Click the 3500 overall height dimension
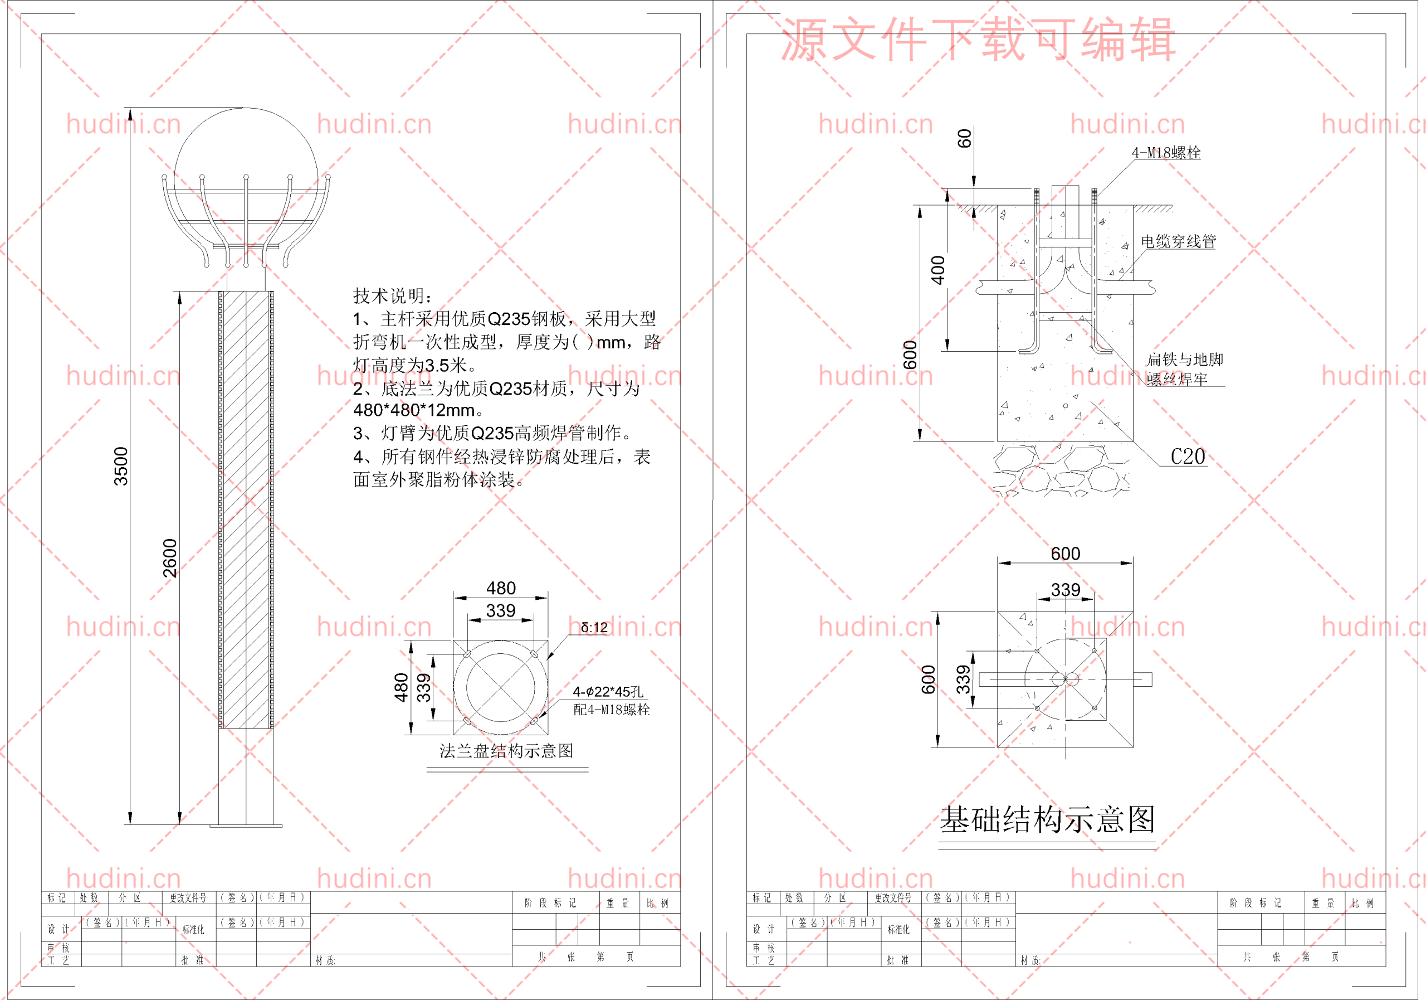tap(120, 466)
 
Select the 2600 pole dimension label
tap(169, 557)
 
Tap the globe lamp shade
tap(246, 149)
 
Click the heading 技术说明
tap(393, 296)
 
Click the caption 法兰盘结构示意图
tap(506, 751)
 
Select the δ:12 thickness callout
tap(594, 628)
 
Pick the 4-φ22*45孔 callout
tap(607, 692)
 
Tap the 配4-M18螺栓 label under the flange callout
tap(611, 710)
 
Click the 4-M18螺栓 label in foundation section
tap(1166, 153)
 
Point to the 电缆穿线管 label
tap(1178, 242)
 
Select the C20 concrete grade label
tap(1188, 457)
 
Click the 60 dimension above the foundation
tap(964, 139)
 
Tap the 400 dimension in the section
tap(937, 270)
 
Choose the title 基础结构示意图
tap(1047, 820)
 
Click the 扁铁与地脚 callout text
tap(1184, 359)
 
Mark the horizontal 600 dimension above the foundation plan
tap(1065, 553)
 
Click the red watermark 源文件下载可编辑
tap(978, 40)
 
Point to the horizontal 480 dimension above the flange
tap(501, 588)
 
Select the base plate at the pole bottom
tap(246, 826)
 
